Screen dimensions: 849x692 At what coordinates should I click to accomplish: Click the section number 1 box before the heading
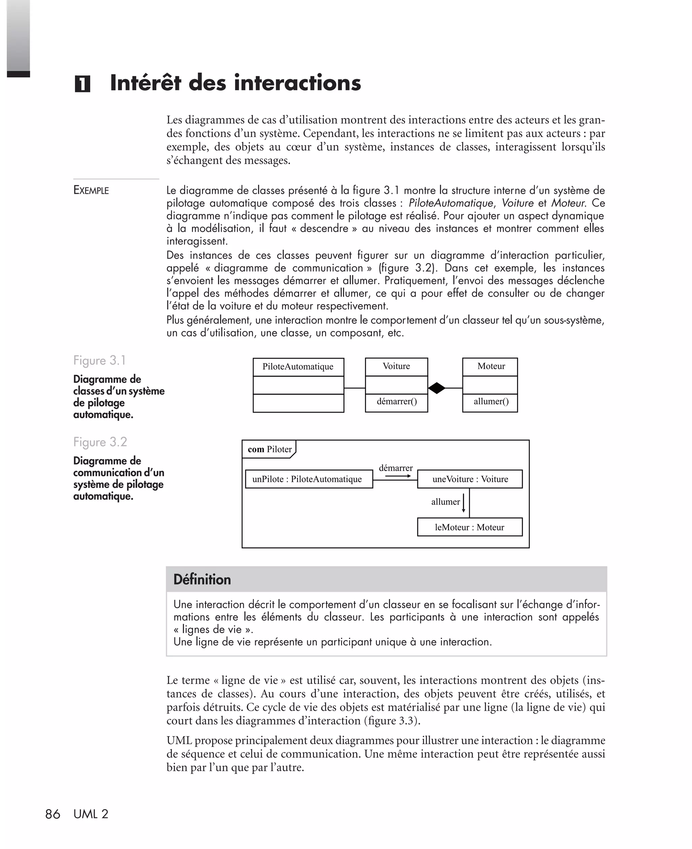pyautogui.click(x=82, y=84)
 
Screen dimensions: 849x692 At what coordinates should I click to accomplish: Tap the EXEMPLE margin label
pyautogui.click(x=91, y=190)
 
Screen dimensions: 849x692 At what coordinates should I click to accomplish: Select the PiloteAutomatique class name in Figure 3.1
pyautogui.click(x=298, y=367)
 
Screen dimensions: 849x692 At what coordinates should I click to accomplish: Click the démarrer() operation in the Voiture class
pyautogui.click(x=397, y=401)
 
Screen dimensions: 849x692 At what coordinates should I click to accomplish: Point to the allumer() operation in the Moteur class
pyautogui.click(x=491, y=401)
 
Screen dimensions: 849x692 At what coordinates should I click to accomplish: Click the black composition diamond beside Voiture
pyautogui.click(x=437, y=388)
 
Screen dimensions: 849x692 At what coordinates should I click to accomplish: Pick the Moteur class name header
pyautogui.click(x=491, y=366)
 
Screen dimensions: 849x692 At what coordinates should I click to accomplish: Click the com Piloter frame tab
pyautogui.click(x=269, y=449)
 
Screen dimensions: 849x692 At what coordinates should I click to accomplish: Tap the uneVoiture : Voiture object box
pyautogui.click(x=470, y=479)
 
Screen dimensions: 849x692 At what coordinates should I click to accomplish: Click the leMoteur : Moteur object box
pyautogui.click(x=469, y=527)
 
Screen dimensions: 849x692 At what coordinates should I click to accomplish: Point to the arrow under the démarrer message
pyautogui.click(x=398, y=476)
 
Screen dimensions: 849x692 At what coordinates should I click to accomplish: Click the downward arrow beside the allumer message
pyautogui.click(x=464, y=504)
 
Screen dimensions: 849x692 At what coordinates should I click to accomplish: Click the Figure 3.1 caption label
pyautogui.click(x=100, y=360)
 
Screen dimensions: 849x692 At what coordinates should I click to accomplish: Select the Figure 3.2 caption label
pyautogui.click(x=100, y=442)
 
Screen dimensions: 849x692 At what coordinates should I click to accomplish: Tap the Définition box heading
pyautogui.click(x=202, y=579)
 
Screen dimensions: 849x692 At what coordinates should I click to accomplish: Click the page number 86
pyautogui.click(x=53, y=814)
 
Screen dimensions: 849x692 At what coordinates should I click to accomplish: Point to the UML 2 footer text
pyautogui.click(x=91, y=814)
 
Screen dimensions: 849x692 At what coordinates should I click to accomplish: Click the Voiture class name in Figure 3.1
pyautogui.click(x=396, y=366)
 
